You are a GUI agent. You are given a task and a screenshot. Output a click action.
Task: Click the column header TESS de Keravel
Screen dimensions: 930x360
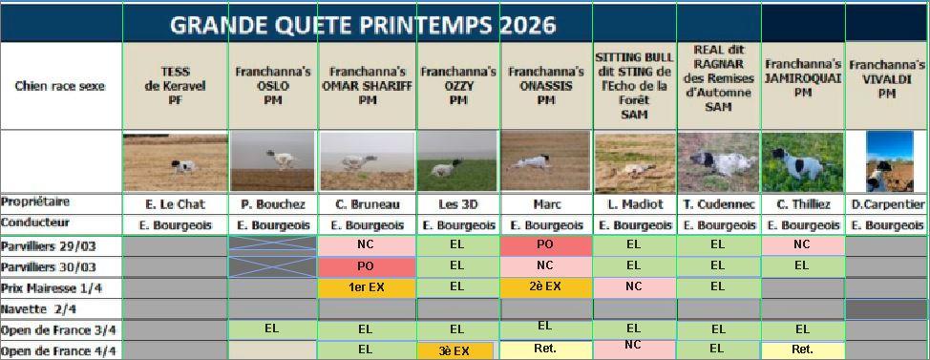click(176, 86)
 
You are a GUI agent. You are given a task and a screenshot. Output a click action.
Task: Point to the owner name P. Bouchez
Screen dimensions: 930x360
click(273, 204)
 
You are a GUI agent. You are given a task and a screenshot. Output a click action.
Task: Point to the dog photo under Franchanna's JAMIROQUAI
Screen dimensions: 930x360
click(802, 162)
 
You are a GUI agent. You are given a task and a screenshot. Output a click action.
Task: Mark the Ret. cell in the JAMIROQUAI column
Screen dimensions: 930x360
click(802, 349)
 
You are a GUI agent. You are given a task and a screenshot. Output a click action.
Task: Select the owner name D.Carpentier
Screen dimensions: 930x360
click(887, 205)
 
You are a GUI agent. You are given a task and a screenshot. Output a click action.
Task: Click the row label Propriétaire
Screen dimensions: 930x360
click(35, 202)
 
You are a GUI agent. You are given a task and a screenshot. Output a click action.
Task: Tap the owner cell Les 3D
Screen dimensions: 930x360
click(456, 204)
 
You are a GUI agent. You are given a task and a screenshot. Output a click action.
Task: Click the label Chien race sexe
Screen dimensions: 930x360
click(60, 86)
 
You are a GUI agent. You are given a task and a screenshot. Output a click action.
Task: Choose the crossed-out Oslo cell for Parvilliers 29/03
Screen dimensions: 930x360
click(273, 246)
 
